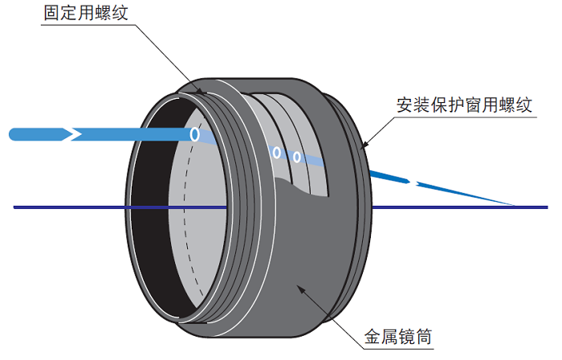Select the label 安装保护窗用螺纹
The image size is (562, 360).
pos(464,105)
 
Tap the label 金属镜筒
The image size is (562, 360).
pos(397,337)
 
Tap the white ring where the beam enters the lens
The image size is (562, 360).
pos(194,134)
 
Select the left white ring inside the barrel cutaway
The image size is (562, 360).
pos(276,152)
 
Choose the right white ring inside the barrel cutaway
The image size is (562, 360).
pos(297,157)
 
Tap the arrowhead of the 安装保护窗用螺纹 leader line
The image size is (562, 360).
pos(364,146)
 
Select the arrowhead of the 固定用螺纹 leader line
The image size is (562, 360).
pos(206,94)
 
